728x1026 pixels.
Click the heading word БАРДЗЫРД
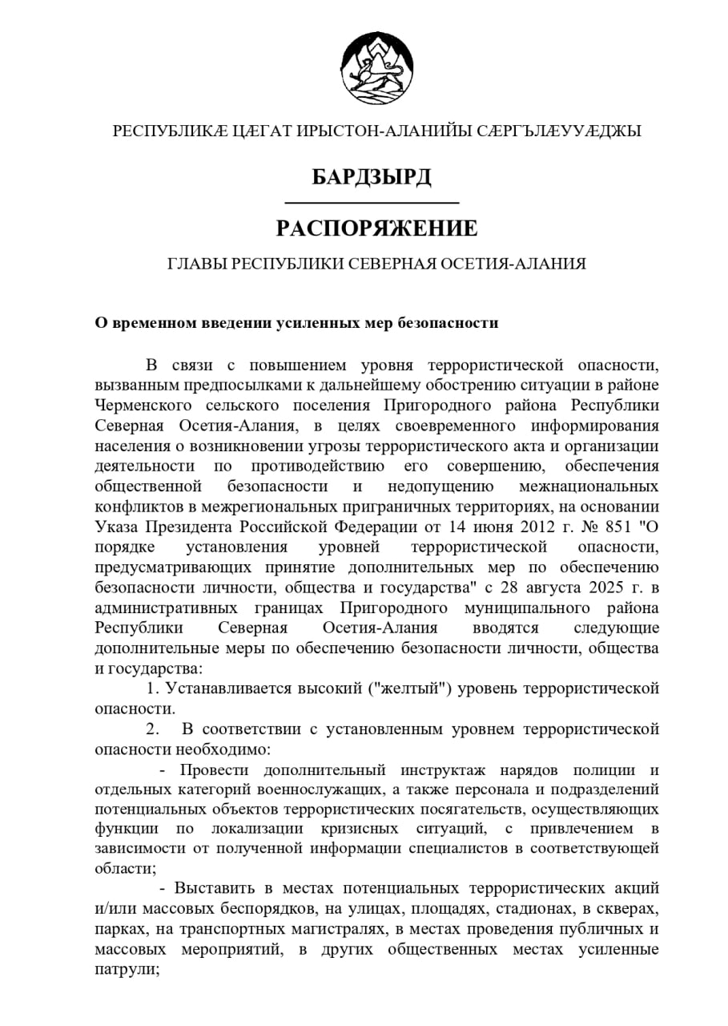(x=372, y=176)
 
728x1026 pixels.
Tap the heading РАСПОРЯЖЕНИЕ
(x=376, y=228)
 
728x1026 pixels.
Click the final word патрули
(x=125, y=969)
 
